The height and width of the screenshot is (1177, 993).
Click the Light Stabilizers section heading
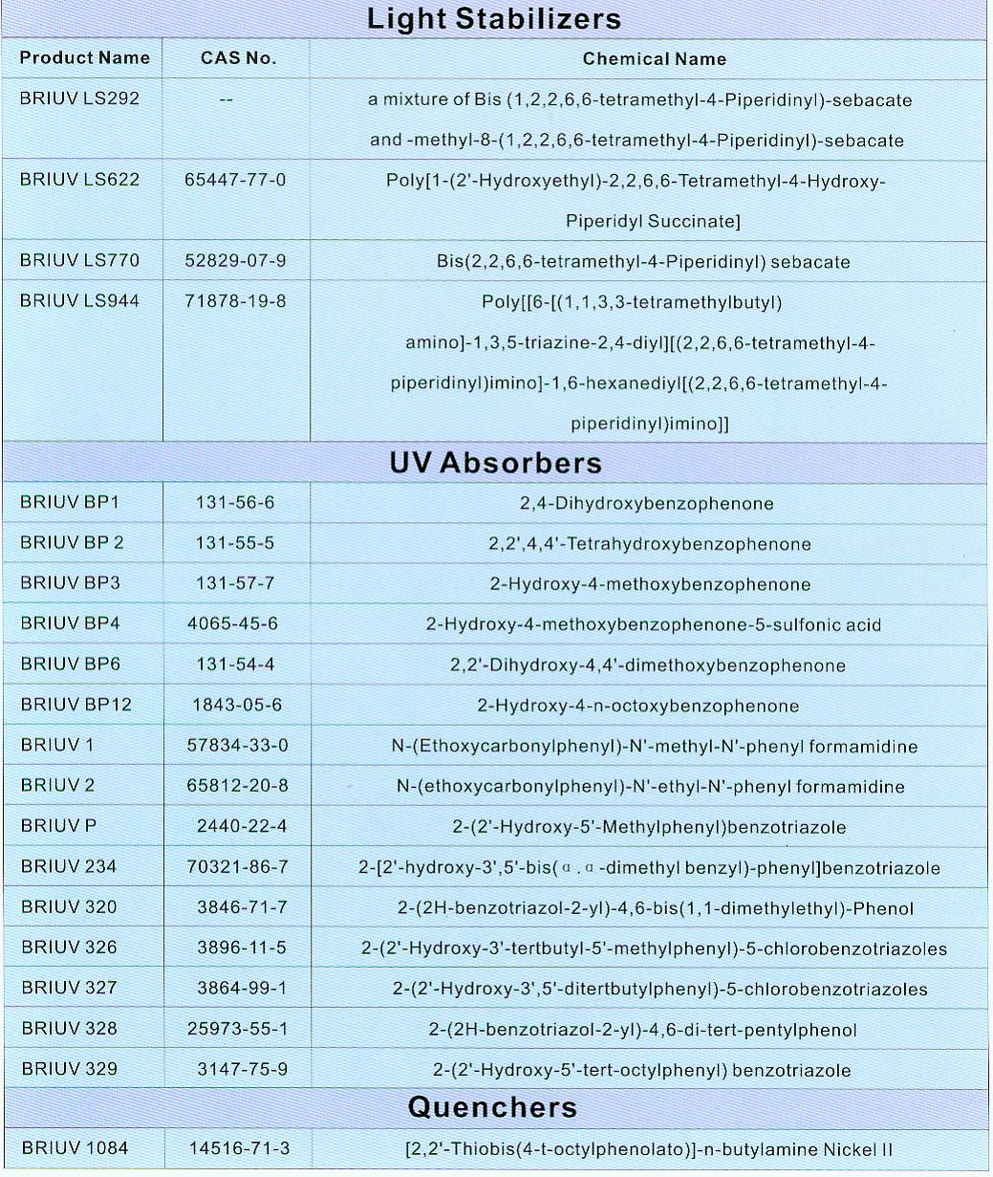(493, 19)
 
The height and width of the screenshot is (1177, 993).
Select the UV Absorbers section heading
(495, 463)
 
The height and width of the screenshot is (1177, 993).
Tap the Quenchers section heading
(492, 1107)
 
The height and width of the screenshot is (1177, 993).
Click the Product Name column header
(84, 58)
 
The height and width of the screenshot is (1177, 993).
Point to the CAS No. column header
(238, 58)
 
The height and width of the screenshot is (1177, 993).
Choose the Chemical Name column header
(654, 59)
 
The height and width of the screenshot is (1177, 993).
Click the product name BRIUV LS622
(79, 180)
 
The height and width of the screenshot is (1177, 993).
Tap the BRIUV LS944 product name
(79, 301)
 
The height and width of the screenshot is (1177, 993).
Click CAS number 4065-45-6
(233, 624)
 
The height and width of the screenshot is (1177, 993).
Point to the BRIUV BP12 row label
(76, 705)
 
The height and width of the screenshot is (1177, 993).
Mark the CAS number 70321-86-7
(239, 867)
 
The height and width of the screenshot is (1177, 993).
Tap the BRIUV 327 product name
(69, 988)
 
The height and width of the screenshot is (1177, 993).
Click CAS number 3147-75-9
(238, 1069)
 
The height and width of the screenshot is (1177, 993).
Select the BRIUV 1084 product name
(74, 1148)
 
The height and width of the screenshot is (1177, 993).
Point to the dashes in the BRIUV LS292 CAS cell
(226, 100)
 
